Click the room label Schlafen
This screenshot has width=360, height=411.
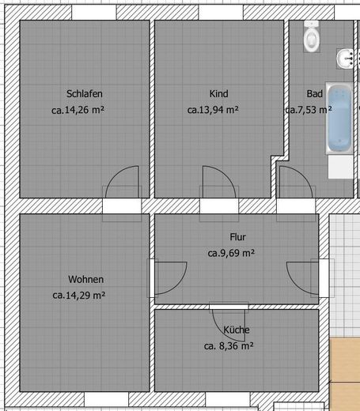click(85, 94)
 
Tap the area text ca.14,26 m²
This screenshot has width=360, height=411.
click(78, 110)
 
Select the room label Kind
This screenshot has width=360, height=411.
click(218, 94)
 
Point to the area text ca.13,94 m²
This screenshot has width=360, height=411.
click(213, 110)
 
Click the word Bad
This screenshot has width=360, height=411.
click(314, 94)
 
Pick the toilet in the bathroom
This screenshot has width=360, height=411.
click(312, 36)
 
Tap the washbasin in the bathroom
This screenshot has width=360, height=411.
click(345, 58)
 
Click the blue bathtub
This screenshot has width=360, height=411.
click(339, 118)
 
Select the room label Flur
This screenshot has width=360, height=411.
click(237, 237)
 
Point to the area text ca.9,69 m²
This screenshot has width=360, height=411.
click(231, 253)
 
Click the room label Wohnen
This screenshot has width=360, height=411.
click(85, 279)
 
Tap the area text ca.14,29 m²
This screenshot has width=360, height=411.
click(79, 295)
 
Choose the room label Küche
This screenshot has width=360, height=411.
click(237, 330)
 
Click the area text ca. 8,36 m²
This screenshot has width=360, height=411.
click(229, 345)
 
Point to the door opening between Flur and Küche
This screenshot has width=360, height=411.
click(229, 307)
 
